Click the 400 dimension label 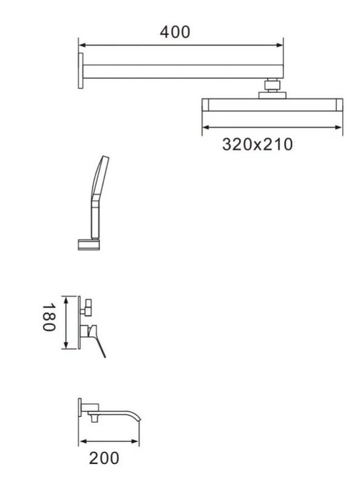[175, 32]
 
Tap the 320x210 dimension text [257, 145]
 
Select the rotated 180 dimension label [49, 317]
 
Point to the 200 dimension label [104, 458]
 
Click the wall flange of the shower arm [81, 70]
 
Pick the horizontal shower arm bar [183, 71]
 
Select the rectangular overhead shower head [272, 104]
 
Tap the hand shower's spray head [99, 177]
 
